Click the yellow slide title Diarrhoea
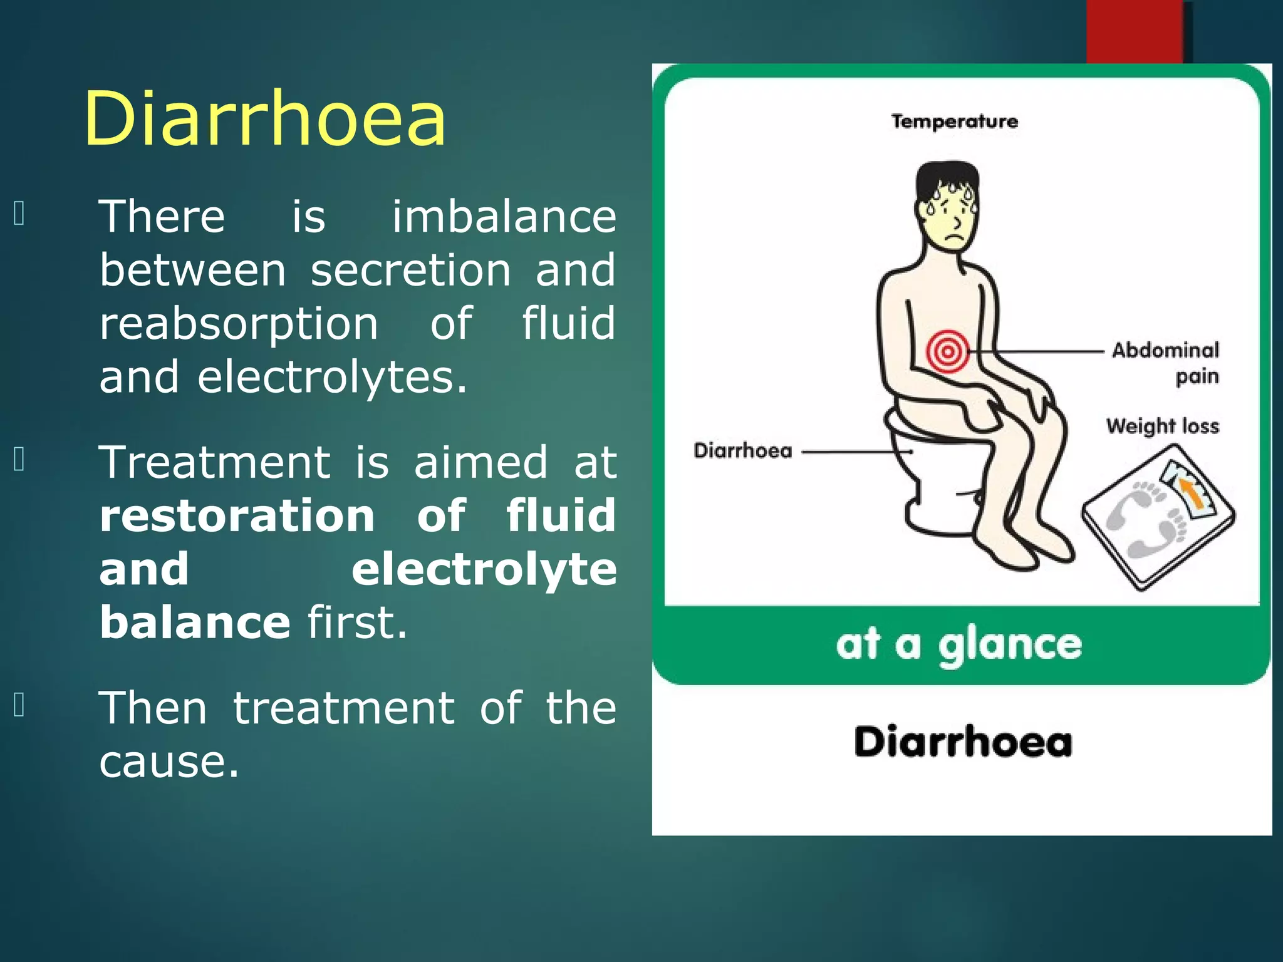(265, 119)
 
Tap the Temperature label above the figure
(954, 121)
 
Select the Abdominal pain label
(1166, 362)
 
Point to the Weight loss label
(1162, 426)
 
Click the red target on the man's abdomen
(947, 351)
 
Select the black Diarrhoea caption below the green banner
(963, 742)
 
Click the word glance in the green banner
(1009, 645)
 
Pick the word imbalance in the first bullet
(504, 217)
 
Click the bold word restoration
(237, 515)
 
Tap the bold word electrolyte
(484, 570)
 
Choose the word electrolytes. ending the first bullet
(332, 378)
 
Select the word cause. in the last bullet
(169, 762)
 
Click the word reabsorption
(239, 324)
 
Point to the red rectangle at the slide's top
(1134, 31)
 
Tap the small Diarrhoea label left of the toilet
(743, 450)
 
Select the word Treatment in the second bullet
(215, 462)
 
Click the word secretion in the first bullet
(410, 271)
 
